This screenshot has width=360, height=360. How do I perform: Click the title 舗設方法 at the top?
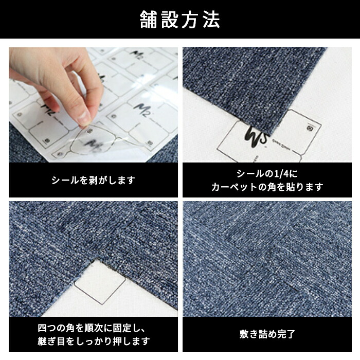[x=180, y=20]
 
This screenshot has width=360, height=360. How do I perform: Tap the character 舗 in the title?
[x=148, y=20]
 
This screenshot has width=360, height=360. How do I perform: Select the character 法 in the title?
[x=211, y=20]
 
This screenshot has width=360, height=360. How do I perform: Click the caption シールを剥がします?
[x=93, y=180]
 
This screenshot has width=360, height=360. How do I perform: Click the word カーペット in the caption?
[x=234, y=187]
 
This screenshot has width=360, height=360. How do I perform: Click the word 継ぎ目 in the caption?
[x=51, y=341]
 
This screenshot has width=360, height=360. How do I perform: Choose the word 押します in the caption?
[x=131, y=341]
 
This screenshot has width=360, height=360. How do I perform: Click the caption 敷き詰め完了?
[x=267, y=334]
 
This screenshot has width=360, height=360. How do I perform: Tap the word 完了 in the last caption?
[x=286, y=334]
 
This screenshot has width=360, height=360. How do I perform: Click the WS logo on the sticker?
[x=256, y=137]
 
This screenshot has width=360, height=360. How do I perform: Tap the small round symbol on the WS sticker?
[x=310, y=128]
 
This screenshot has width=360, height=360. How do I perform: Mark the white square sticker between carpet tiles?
[x=100, y=283]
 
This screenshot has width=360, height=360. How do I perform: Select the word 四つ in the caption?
[x=47, y=328]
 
